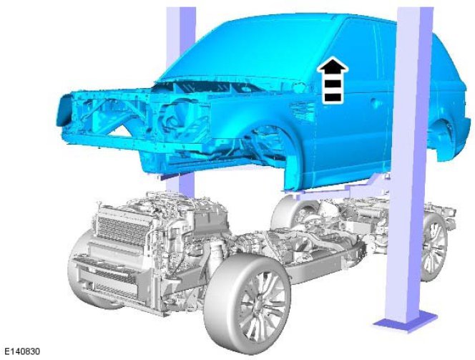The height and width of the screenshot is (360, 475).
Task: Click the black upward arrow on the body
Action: pos(333,80)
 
